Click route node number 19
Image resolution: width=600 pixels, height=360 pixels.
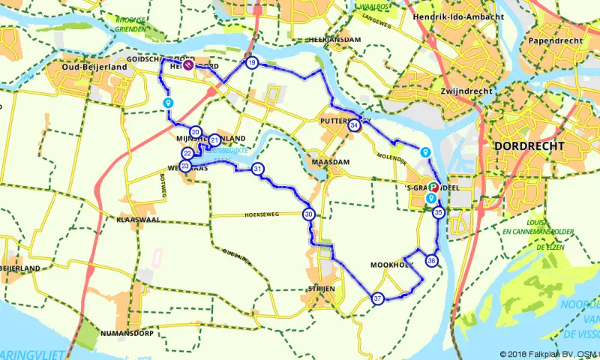pos(252,63)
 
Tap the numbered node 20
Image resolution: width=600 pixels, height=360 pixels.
pos(195,132)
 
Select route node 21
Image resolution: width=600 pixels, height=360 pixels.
pos(214,139)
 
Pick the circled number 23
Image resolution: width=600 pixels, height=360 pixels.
pos(185,166)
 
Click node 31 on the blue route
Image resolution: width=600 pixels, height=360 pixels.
pos(258,169)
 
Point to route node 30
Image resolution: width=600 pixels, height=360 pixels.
pos(309,214)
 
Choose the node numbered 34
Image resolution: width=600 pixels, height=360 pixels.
pos(355,126)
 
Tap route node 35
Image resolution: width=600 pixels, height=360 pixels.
pos(439,213)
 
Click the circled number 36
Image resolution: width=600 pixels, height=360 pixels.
pos(431,261)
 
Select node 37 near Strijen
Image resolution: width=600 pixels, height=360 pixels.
pos(378,298)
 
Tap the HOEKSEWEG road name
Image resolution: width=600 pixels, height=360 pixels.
pos(261,214)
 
